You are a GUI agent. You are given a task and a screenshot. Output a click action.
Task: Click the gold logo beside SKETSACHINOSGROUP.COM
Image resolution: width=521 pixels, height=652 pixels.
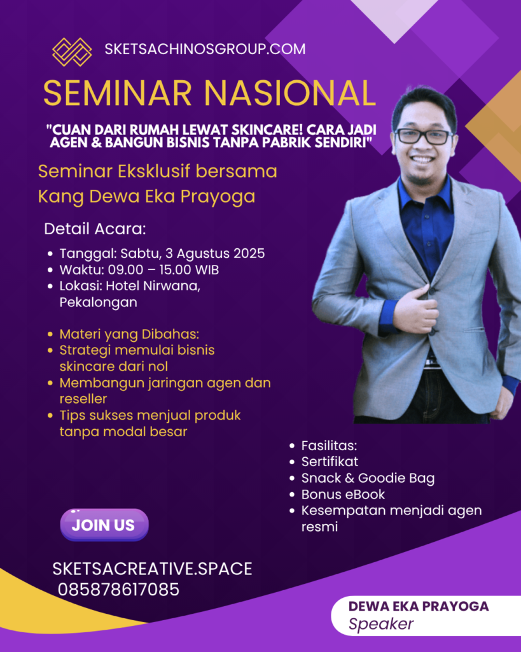[x=72, y=52]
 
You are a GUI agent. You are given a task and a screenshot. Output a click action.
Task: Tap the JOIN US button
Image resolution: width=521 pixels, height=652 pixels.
[x=104, y=525]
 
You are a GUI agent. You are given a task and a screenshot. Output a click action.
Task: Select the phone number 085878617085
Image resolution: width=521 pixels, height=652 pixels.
[x=118, y=589]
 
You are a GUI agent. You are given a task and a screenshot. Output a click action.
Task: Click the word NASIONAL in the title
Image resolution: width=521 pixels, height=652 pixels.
[x=290, y=93]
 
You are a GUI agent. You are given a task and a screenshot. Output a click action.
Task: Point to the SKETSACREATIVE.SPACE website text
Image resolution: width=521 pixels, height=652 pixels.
[x=153, y=569]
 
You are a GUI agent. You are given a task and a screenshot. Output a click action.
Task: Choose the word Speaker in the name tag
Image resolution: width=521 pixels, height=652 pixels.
[x=381, y=624]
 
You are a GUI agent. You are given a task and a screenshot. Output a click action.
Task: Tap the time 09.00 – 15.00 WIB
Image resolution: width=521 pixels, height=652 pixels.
[x=163, y=270]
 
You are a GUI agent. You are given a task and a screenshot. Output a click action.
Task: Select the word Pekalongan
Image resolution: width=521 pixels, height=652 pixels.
[x=99, y=302]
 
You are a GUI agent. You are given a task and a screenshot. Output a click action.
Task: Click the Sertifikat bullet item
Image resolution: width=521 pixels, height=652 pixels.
[x=330, y=462]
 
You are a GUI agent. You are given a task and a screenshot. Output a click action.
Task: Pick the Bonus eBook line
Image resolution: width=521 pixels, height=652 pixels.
[x=343, y=494]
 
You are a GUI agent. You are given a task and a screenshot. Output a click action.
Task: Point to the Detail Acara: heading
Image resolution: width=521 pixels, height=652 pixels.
[x=95, y=229]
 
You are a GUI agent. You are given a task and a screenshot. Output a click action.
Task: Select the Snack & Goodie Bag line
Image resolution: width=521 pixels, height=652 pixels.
[x=368, y=478]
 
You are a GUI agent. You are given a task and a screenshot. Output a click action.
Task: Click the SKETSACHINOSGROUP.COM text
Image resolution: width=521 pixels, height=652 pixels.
[x=205, y=49]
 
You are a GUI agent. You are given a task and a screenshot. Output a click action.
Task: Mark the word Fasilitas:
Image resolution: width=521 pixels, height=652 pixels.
[x=329, y=446]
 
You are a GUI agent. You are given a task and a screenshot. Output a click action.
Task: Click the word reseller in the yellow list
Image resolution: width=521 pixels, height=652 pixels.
[x=83, y=399]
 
